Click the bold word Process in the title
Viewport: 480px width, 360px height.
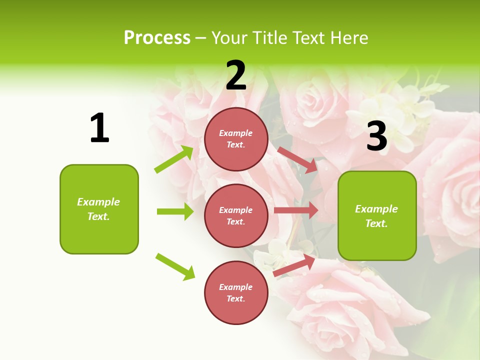coord(157,38)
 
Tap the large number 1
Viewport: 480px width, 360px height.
coord(99,128)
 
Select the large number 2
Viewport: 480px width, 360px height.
coord(236,75)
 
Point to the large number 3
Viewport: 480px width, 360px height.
coord(376,136)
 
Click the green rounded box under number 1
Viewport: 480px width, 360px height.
coord(99,209)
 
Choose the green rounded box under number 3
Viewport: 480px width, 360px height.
coord(377,215)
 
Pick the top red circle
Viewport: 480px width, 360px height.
coord(236,139)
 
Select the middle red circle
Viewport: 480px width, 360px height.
coord(236,215)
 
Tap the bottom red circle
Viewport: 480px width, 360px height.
coord(236,292)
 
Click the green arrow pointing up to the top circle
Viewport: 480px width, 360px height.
coord(174,159)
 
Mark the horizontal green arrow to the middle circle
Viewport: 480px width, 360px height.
coord(175,211)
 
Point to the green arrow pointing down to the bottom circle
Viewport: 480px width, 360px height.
coord(175,266)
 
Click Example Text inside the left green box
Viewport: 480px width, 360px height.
coord(98,209)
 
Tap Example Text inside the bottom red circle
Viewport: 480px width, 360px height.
coord(236,292)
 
